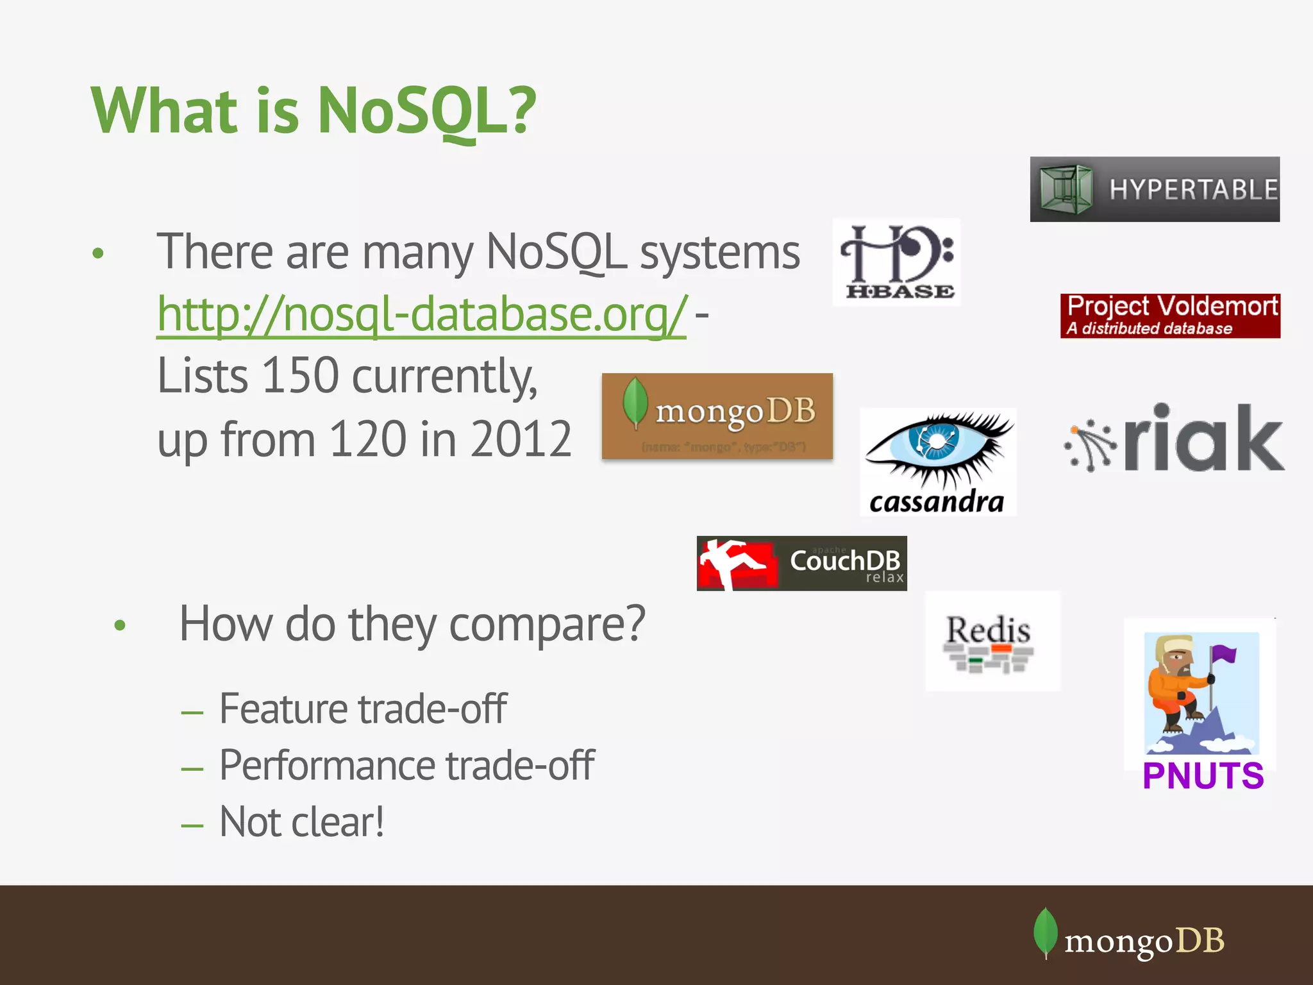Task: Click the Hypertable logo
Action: [x=1155, y=189]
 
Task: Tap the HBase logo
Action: [x=896, y=262]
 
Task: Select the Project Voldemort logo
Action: [x=1170, y=316]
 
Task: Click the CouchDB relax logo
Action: [x=801, y=563]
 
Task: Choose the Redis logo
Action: [x=992, y=641]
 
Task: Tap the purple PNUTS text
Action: [x=1203, y=776]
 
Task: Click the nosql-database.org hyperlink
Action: [x=422, y=314]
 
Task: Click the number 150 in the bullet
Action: [x=300, y=376]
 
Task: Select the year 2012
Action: [x=520, y=439]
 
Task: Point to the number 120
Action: [x=367, y=439]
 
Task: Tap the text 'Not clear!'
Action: [x=301, y=822]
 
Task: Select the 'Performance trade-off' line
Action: [x=406, y=765]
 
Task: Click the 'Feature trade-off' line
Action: [x=363, y=709]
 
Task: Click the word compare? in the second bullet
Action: [x=547, y=623]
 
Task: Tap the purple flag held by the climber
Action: [x=1224, y=655]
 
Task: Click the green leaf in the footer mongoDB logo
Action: [x=1045, y=932]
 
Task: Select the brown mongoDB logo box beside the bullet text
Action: [x=717, y=416]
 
